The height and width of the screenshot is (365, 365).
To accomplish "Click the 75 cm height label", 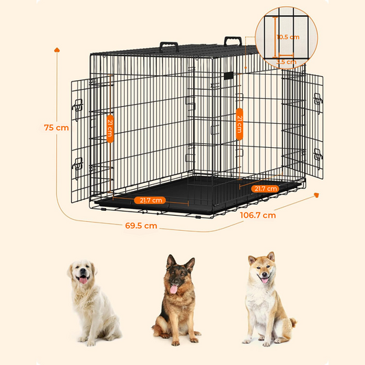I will coord(56,127).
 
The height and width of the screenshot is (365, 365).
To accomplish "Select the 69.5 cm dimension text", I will coord(142,225).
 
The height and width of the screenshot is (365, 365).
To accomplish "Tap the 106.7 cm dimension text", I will coord(257,214).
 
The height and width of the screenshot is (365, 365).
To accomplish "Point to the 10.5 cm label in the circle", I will coord(289,37).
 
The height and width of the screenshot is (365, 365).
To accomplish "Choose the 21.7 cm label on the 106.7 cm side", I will coord(264,188).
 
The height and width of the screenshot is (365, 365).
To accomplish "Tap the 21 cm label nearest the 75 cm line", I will coord(110,127).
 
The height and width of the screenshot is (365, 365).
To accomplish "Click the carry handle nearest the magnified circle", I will coord(234,42).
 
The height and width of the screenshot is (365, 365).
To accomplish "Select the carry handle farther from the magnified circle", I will coord(169,47).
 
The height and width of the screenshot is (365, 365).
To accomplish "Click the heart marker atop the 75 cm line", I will coord(57,50).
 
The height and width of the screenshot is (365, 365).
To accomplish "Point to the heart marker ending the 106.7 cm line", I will coord(317,195).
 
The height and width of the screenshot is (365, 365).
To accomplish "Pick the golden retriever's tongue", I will coord(82,280).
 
